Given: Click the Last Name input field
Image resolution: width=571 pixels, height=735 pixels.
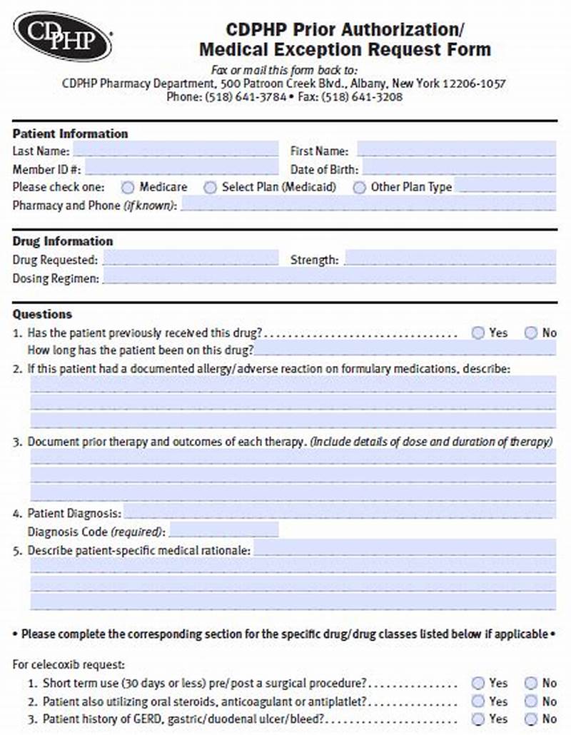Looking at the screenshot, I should click(175, 150).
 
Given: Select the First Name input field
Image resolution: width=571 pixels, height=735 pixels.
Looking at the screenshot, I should click(456, 150).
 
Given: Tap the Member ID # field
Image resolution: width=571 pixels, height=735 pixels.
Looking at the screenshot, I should click(181, 168).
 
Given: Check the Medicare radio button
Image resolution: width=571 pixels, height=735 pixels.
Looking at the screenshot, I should click(128, 187).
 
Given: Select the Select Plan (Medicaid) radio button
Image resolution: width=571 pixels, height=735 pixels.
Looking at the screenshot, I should click(210, 187).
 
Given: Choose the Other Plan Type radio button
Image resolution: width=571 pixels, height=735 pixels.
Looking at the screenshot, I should click(360, 187).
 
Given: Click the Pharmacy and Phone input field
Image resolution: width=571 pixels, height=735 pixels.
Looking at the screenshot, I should click(368, 205).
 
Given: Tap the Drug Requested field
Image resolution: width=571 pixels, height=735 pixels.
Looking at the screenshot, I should click(191, 259).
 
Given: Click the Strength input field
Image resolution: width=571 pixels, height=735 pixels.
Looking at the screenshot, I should click(450, 259).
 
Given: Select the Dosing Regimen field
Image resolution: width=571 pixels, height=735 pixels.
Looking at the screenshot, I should click(328, 278).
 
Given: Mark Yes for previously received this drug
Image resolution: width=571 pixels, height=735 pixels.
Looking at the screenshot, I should click(478, 333).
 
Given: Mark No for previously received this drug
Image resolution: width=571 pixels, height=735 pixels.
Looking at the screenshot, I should click(531, 333).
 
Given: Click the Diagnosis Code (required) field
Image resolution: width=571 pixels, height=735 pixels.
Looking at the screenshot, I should click(223, 531).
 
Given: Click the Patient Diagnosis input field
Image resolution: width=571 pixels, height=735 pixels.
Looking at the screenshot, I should click(340, 512).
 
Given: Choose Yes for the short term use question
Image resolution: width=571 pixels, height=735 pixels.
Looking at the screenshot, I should click(478, 683).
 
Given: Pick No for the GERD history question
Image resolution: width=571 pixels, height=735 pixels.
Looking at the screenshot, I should click(531, 719).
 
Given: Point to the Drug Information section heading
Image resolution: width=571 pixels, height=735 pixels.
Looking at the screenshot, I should click(63, 241).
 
